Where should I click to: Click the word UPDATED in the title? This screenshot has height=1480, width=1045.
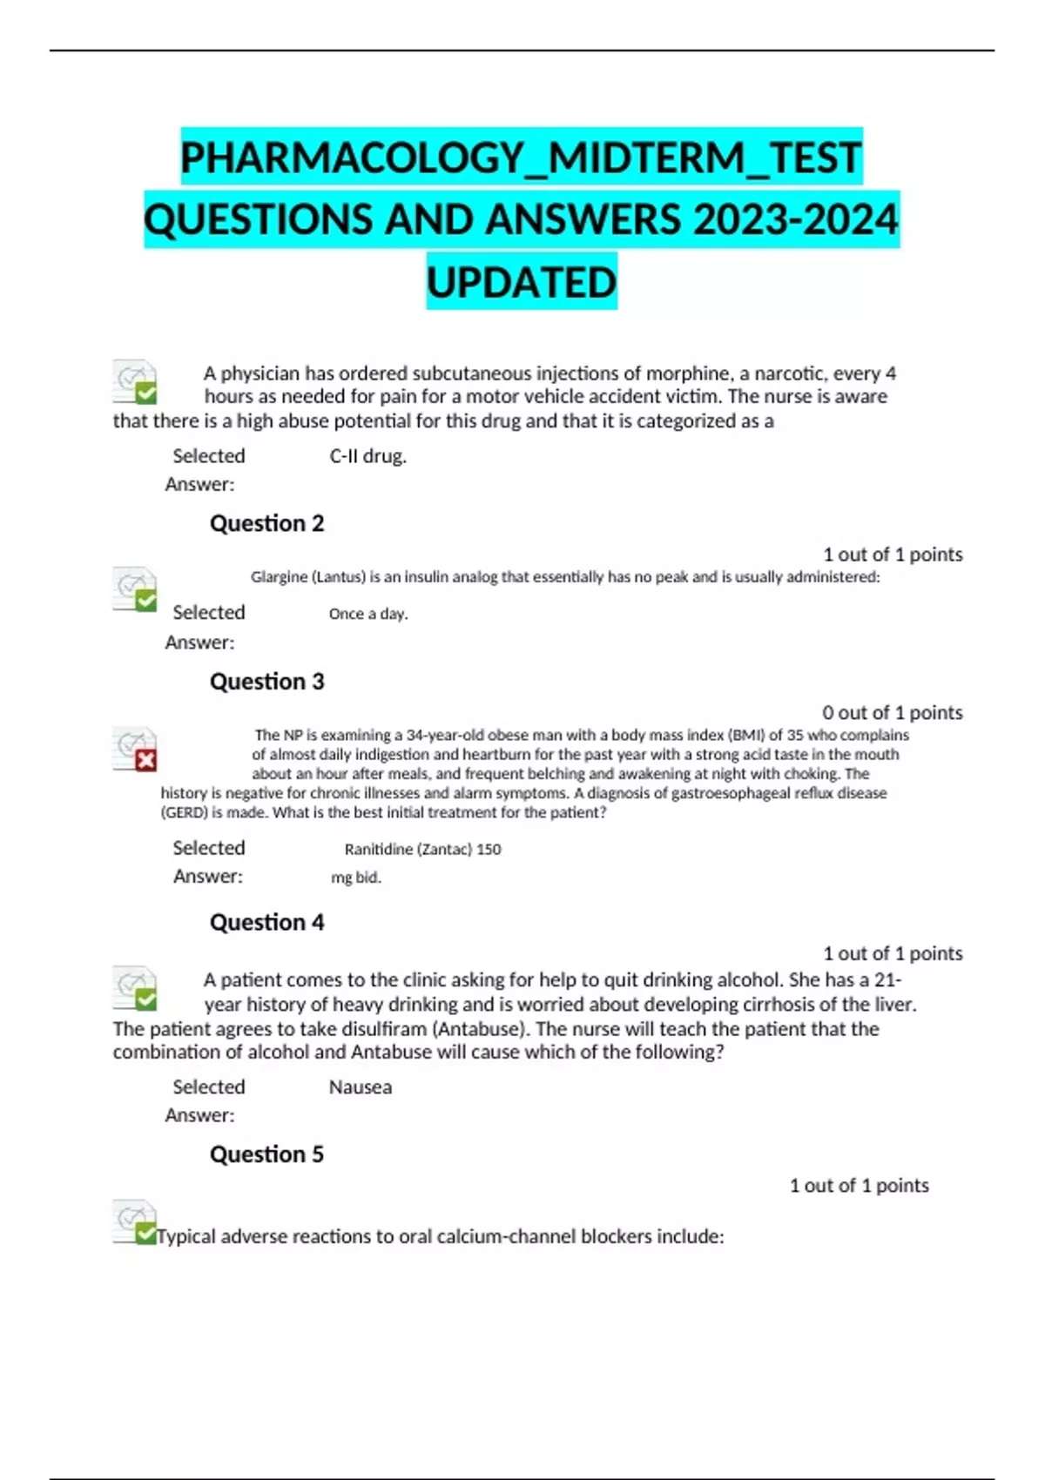pyautogui.click(x=522, y=282)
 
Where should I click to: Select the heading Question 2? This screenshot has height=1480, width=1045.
pyautogui.click(x=266, y=523)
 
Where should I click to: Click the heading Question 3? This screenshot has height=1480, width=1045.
pyautogui.click(x=266, y=682)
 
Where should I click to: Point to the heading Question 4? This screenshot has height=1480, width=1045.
pyautogui.click(x=266, y=922)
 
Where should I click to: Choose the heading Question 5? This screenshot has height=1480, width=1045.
pyautogui.click(x=266, y=1154)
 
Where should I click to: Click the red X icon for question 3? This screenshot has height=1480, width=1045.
pyautogui.click(x=145, y=761)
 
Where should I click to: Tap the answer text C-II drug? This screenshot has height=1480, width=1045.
pyautogui.click(x=367, y=456)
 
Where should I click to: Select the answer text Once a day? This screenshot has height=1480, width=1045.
pyautogui.click(x=367, y=614)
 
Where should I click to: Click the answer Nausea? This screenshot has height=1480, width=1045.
pyautogui.click(x=360, y=1087)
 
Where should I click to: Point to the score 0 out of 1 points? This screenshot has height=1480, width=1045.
pyautogui.click(x=893, y=713)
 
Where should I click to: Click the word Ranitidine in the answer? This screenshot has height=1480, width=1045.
pyautogui.click(x=377, y=849)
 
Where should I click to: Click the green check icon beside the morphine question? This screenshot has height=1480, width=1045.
pyautogui.click(x=145, y=394)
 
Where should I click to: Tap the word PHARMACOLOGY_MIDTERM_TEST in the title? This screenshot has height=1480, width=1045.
pyautogui.click(x=521, y=158)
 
